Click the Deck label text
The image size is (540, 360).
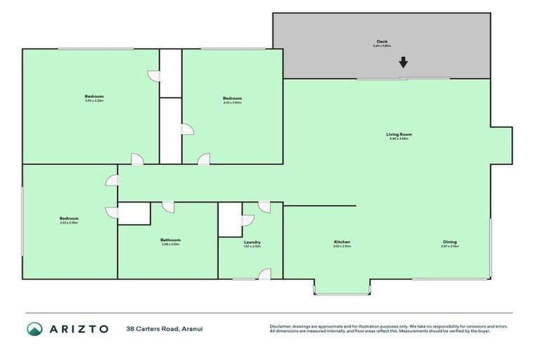point(382,41)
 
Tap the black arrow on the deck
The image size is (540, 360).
point(403,63)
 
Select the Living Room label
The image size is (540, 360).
point(399,134)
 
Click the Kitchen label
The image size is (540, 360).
point(342,242)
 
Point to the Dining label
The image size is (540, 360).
point(449,242)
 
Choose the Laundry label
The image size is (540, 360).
point(252,242)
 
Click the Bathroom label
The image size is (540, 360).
point(170,240)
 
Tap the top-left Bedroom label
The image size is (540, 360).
point(94,96)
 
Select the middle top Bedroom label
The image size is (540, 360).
point(232,98)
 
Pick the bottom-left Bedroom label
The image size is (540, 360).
point(69,218)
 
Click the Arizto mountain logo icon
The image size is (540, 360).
point(34,328)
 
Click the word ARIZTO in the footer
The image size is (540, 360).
point(79,328)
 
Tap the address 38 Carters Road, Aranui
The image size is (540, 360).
point(165,328)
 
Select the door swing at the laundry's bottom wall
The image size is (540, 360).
point(264,274)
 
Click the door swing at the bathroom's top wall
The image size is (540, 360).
point(168,207)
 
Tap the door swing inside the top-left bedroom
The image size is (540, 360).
point(153,75)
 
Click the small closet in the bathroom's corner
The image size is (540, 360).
point(134,214)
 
